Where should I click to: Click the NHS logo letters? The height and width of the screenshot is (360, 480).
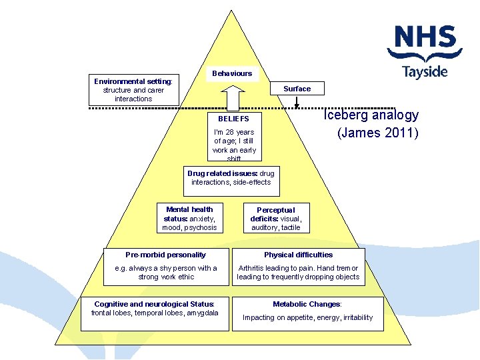click(x=425, y=38)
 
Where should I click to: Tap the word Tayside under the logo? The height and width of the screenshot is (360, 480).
click(x=425, y=71)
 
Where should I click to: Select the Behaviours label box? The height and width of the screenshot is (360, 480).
click(x=232, y=73)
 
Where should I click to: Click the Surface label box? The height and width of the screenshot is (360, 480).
click(x=297, y=89)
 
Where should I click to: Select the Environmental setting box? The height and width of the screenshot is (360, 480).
click(x=133, y=90)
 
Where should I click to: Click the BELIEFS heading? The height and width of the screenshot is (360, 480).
click(x=233, y=119)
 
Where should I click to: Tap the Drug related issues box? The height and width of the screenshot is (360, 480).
click(x=231, y=178)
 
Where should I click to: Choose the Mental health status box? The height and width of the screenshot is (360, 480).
click(x=189, y=219)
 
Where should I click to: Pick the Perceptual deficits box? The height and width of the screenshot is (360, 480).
click(x=275, y=219)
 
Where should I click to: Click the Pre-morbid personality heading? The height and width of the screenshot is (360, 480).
click(x=165, y=255)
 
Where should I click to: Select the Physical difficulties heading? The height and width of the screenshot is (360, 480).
click(x=298, y=255)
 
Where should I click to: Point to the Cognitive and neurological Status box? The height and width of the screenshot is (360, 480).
click(x=154, y=309)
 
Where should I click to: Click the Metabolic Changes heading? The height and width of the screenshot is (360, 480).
click(x=307, y=304)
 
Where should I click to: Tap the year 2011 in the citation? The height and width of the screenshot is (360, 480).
click(x=399, y=133)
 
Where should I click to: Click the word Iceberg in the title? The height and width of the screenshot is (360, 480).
click(x=345, y=115)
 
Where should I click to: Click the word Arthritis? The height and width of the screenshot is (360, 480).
click(x=252, y=268)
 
